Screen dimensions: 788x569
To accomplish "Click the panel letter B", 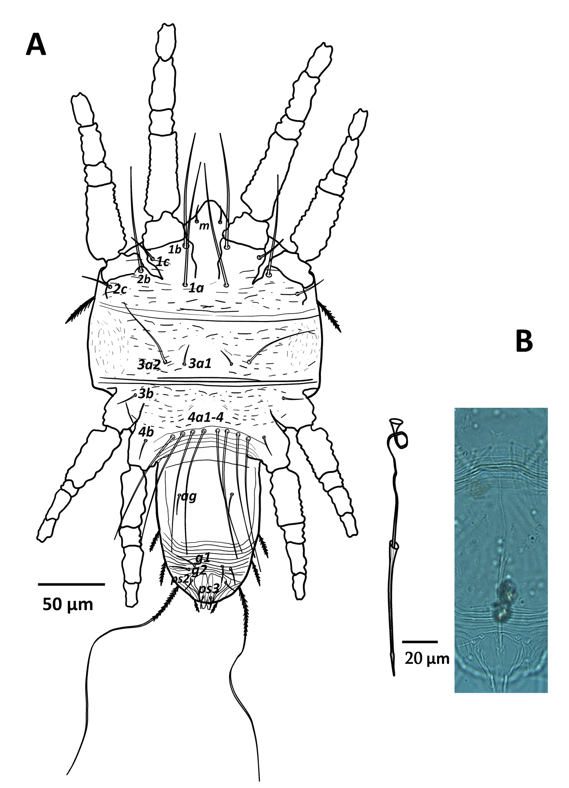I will pos(524,341).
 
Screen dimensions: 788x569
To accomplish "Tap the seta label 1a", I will pos(196,288).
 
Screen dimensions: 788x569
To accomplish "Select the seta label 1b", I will pos(175,249).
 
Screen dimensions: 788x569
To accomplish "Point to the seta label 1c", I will pos(162,262).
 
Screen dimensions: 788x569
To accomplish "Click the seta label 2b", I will pos(144,280).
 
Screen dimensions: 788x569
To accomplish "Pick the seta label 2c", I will pos(120,289).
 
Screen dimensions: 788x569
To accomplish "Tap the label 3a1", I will pos(200,364).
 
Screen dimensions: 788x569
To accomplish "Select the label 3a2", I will pos(149,365).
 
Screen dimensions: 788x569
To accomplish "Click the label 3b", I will pos(146,394).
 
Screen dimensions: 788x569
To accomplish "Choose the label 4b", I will pos(146,432).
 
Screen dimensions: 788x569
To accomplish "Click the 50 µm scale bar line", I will pos(71,585).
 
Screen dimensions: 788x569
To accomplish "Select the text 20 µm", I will pos(427,659).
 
